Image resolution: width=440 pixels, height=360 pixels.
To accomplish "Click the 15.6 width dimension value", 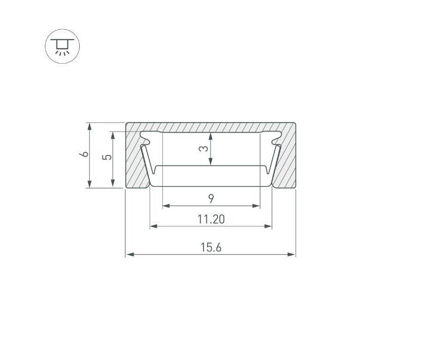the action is [211, 247].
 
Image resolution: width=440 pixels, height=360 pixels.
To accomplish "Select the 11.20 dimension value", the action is [211, 219].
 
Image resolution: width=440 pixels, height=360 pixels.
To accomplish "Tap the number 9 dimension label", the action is [211, 199].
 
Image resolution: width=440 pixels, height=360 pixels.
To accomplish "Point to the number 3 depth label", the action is [203, 148].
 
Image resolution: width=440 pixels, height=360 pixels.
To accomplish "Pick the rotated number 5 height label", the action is [107, 157].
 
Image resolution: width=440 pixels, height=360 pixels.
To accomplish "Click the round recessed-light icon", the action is [62, 46].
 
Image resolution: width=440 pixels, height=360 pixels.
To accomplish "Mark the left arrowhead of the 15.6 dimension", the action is [130, 255].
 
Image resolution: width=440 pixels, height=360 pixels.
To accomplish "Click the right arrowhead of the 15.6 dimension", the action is [291, 255].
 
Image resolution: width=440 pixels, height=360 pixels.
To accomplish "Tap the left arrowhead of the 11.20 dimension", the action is [154, 226].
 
